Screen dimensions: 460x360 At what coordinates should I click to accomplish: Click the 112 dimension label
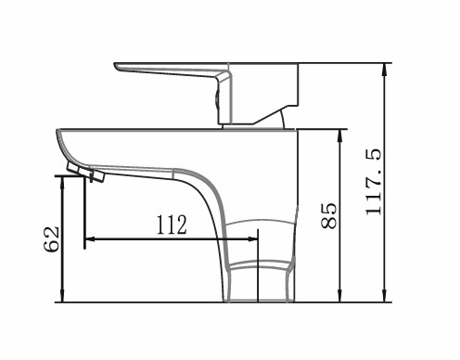(x=172, y=225)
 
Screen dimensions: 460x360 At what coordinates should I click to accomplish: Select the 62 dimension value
(x=51, y=239)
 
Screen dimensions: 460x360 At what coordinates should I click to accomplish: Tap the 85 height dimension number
(x=328, y=215)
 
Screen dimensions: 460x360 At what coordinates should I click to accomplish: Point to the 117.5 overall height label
(x=373, y=182)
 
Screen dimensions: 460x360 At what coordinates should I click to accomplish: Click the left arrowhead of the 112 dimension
(x=90, y=238)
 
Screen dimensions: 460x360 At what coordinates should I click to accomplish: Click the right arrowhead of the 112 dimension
(x=252, y=238)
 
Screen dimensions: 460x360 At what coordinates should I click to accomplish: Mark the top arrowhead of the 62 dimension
(x=62, y=182)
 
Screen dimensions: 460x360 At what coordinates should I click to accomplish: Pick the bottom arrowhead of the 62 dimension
(x=62, y=296)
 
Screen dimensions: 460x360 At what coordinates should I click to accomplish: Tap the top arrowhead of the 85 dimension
(x=340, y=135)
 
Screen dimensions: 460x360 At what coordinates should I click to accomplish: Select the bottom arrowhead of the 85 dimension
(x=340, y=296)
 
